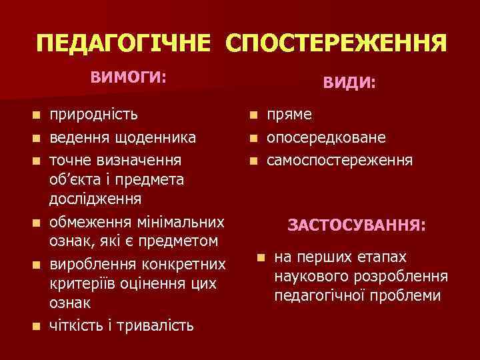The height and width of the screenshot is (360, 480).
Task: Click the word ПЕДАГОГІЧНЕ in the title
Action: click(125, 45)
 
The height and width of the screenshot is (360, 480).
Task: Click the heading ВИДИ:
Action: click(349, 83)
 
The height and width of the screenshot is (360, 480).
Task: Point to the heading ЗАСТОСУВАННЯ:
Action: click(357, 226)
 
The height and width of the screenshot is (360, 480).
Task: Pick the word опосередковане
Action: click(326, 137)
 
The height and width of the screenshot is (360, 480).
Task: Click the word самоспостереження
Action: click(340, 160)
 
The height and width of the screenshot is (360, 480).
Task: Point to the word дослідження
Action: click(95, 198)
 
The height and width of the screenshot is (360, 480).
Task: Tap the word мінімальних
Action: click(181, 221)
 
